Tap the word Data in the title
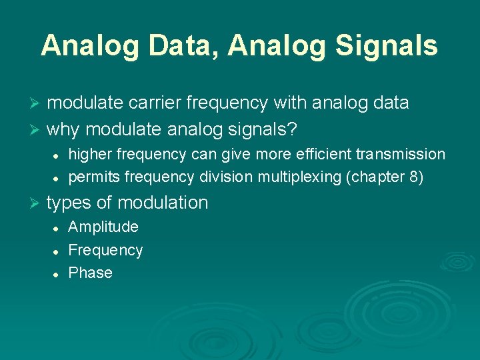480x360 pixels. (186, 46)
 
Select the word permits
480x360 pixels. (94, 178)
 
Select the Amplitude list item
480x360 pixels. (103, 227)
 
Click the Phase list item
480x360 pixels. (90, 273)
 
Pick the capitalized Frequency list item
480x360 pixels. (105, 250)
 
